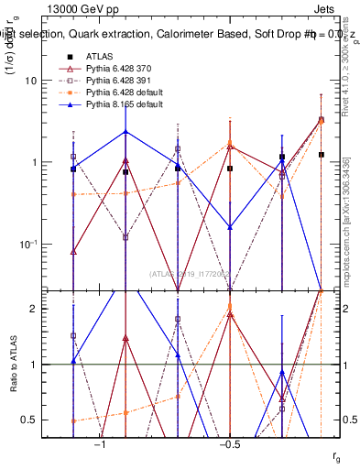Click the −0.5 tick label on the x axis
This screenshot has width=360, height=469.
pyautogui.click(x=229, y=445)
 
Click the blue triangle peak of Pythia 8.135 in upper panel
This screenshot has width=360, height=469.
pyautogui.click(x=125, y=131)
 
